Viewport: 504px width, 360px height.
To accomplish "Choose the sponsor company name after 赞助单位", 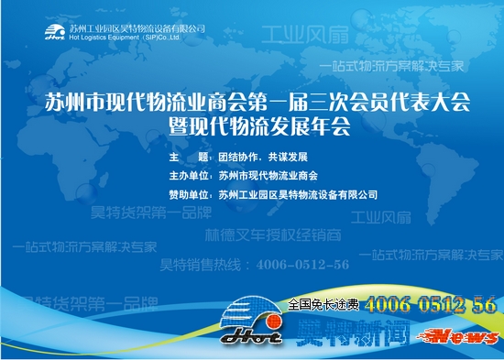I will (x=298, y=194).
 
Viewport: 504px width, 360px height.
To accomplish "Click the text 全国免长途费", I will (x=325, y=303).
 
